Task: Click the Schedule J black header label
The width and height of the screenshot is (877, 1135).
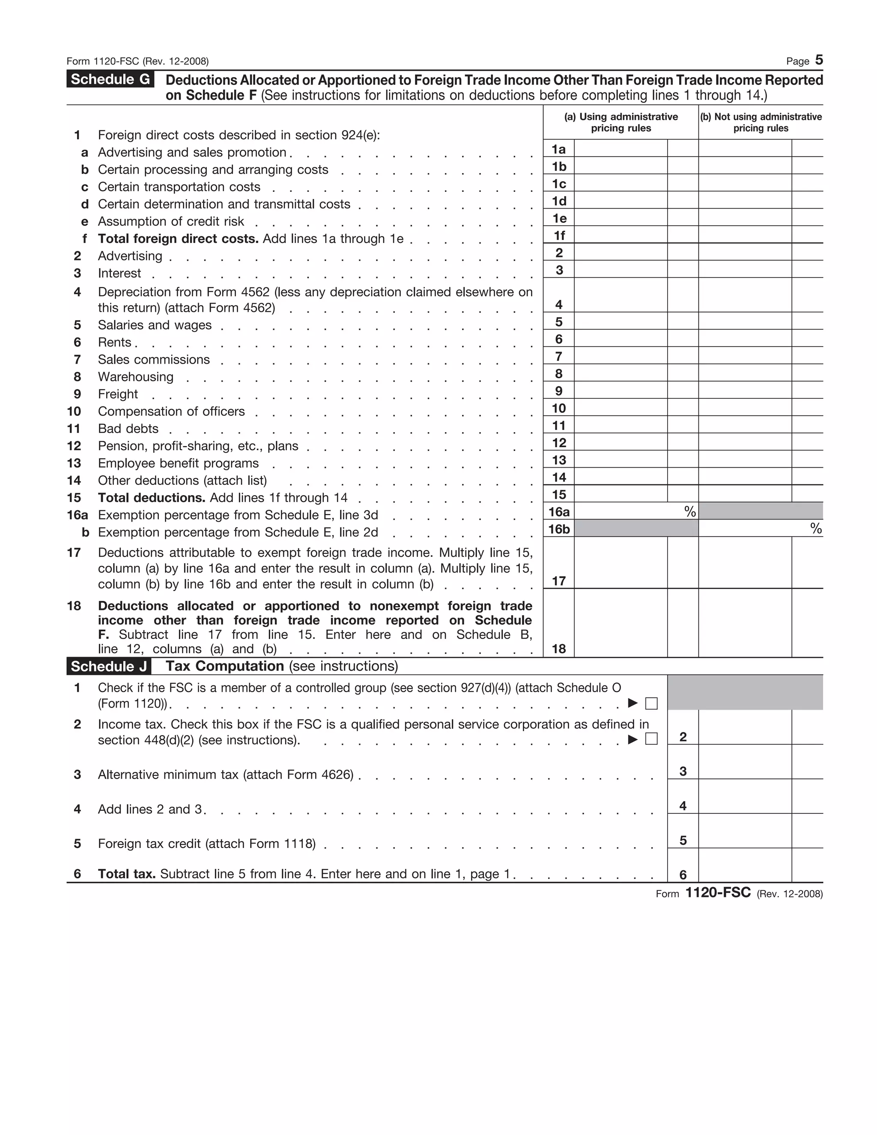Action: click(109, 666)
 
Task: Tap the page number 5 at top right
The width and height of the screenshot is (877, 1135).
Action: click(819, 60)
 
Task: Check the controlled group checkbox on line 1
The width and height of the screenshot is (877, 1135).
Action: click(651, 704)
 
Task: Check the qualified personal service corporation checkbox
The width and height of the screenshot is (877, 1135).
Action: click(651, 738)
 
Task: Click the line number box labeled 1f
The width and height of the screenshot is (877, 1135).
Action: click(558, 236)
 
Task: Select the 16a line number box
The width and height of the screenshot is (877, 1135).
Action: click(558, 512)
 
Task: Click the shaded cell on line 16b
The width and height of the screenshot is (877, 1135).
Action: click(636, 529)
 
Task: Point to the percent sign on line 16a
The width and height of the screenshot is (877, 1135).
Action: click(689, 512)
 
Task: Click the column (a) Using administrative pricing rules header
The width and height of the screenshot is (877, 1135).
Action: click(621, 122)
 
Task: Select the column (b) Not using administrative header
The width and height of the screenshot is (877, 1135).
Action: click(761, 122)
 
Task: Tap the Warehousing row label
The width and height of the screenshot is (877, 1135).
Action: click(136, 377)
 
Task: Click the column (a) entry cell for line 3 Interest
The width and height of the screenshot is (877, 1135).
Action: click(620, 270)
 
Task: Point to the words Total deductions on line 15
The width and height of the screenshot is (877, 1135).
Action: click(152, 498)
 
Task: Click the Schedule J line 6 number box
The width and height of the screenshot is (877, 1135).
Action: click(683, 875)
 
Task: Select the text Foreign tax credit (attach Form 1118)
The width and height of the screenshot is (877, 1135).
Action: click(207, 843)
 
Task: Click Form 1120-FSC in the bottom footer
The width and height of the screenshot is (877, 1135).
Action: click(718, 893)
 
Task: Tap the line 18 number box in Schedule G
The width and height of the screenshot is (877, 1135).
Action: click(558, 648)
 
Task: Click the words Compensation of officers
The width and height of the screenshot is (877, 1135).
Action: click(171, 411)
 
